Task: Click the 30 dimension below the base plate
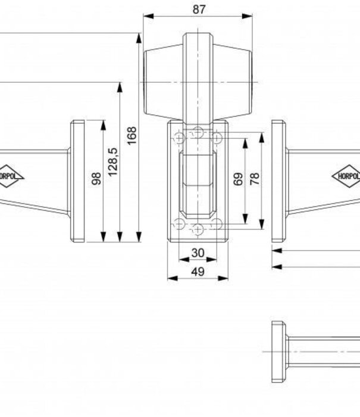click(198, 253)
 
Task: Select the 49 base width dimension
click(198, 272)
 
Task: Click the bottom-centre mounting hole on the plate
click(198, 229)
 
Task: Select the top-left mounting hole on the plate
click(179, 138)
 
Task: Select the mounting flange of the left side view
click(77, 181)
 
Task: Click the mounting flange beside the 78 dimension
click(278, 181)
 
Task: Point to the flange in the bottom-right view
click(278, 351)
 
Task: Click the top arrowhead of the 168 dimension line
click(139, 38)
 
